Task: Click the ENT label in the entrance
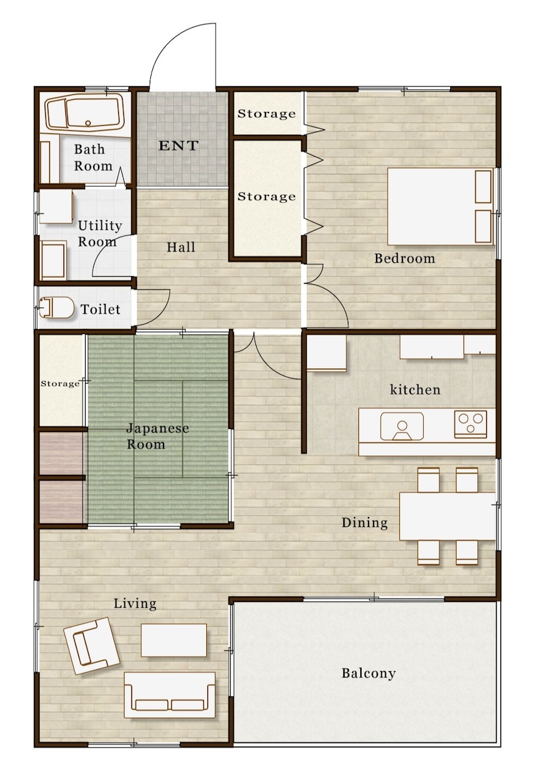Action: coord(178,145)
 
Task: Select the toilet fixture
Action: coord(56,307)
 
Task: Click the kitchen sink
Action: coord(402,426)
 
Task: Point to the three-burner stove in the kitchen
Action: coord(470,423)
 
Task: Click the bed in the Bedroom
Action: coord(440,206)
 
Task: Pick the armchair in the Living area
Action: coord(92,645)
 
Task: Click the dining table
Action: coord(447,516)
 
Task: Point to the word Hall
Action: coord(180,247)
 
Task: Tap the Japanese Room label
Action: coord(157,436)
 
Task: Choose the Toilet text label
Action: coord(100,309)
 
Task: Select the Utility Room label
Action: coord(99,233)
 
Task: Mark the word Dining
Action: coord(364,523)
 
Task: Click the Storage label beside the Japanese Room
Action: coord(60,384)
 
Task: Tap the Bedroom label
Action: coord(404,259)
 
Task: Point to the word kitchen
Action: coord(415,389)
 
